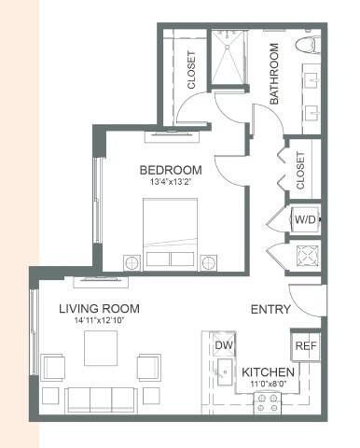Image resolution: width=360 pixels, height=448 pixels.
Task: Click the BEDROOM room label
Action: pos(171,170)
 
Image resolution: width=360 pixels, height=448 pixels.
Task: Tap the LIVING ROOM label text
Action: pos(99,309)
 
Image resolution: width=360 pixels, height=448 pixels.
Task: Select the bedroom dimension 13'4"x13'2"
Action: pos(170,182)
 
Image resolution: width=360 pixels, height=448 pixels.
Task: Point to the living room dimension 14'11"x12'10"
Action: pos(100,320)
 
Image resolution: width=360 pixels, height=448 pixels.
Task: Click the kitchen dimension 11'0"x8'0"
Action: pos(269,384)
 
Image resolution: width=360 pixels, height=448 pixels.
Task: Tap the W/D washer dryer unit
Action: pos(305,219)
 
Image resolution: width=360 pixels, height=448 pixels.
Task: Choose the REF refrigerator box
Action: pos(305,345)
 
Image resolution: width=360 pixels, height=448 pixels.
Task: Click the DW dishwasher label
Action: pos(225,345)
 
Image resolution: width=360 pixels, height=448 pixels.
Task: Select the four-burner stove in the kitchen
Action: pos(268,403)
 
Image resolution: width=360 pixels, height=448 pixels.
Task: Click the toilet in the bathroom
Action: pos(308,45)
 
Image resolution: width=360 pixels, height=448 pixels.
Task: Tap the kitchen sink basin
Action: pos(225,371)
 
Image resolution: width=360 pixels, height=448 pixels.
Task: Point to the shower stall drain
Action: pos(228,47)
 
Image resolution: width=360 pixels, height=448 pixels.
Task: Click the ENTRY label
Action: pos(270,310)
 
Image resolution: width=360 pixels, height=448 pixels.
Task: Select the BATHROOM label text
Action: pos(274,74)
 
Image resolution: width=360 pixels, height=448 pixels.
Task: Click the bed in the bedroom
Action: pos(170,234)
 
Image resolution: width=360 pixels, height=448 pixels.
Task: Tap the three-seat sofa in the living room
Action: pos(101,400)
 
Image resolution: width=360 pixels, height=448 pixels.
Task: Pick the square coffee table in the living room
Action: pos(101,348)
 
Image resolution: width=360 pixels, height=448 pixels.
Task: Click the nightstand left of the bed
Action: pos(132,263)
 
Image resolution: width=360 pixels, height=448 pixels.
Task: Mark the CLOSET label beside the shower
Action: pos(191,70)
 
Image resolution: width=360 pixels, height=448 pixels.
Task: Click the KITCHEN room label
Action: pos(268,372)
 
